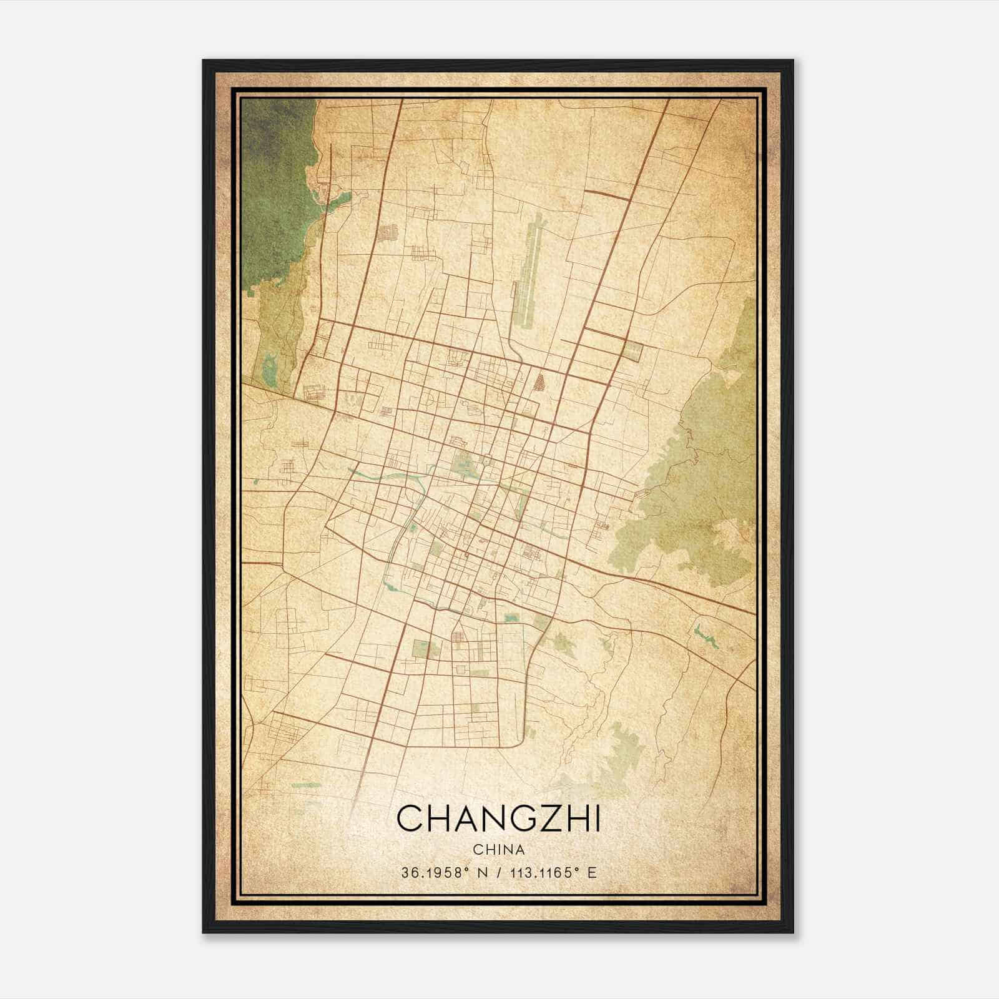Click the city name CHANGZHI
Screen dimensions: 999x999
(x=498, y=819)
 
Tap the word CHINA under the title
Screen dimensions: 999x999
(x=498, y=850)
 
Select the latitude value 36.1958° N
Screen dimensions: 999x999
(x=446, y=873)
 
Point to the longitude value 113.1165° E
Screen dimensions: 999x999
(x=553, y=873)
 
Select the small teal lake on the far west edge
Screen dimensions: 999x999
(x=270, y=370)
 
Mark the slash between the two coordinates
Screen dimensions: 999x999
(x=499, y=873)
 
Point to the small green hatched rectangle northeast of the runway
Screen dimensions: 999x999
(x=633, y=352)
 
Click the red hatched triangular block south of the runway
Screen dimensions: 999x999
(x=538, y=381)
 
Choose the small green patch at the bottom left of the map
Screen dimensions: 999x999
(x=306, y=785)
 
